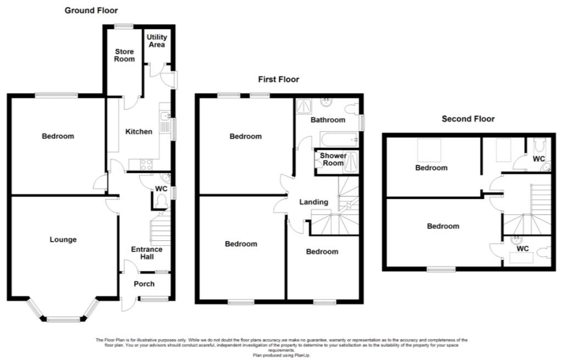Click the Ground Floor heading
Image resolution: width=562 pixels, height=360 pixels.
tap(91, 10)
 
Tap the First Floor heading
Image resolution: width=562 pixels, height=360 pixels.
tap(278, 79)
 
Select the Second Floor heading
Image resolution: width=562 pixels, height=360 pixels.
tap(468, 119)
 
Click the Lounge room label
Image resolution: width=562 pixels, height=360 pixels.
tap(63, 240)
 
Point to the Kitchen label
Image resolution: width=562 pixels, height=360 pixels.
tap(139, 131)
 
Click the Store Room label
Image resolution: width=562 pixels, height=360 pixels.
tap(124, 55)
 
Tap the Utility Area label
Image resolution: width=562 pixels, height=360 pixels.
tap(157, 41)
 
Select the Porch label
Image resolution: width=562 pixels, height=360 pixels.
tap(144, 284)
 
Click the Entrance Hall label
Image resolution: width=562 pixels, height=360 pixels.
tap(147, 253)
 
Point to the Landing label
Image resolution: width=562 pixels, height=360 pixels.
tap(313, 202)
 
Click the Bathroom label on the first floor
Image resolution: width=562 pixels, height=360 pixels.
tap(328, 120)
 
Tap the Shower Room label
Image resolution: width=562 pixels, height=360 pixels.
tap(333, 159)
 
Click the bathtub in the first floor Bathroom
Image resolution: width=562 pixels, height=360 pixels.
tap(339, 140)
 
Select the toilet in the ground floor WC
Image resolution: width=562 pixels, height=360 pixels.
tap(162, 201)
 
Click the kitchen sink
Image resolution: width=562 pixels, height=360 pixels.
tap(166, 116)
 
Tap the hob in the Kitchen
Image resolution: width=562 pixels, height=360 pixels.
tap(146, 164)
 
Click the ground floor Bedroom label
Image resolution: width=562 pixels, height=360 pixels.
tap(58, 136)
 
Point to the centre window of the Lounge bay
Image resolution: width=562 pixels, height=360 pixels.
tap(63, 319)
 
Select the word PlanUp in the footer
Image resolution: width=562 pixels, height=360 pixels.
tap(301, 356)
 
